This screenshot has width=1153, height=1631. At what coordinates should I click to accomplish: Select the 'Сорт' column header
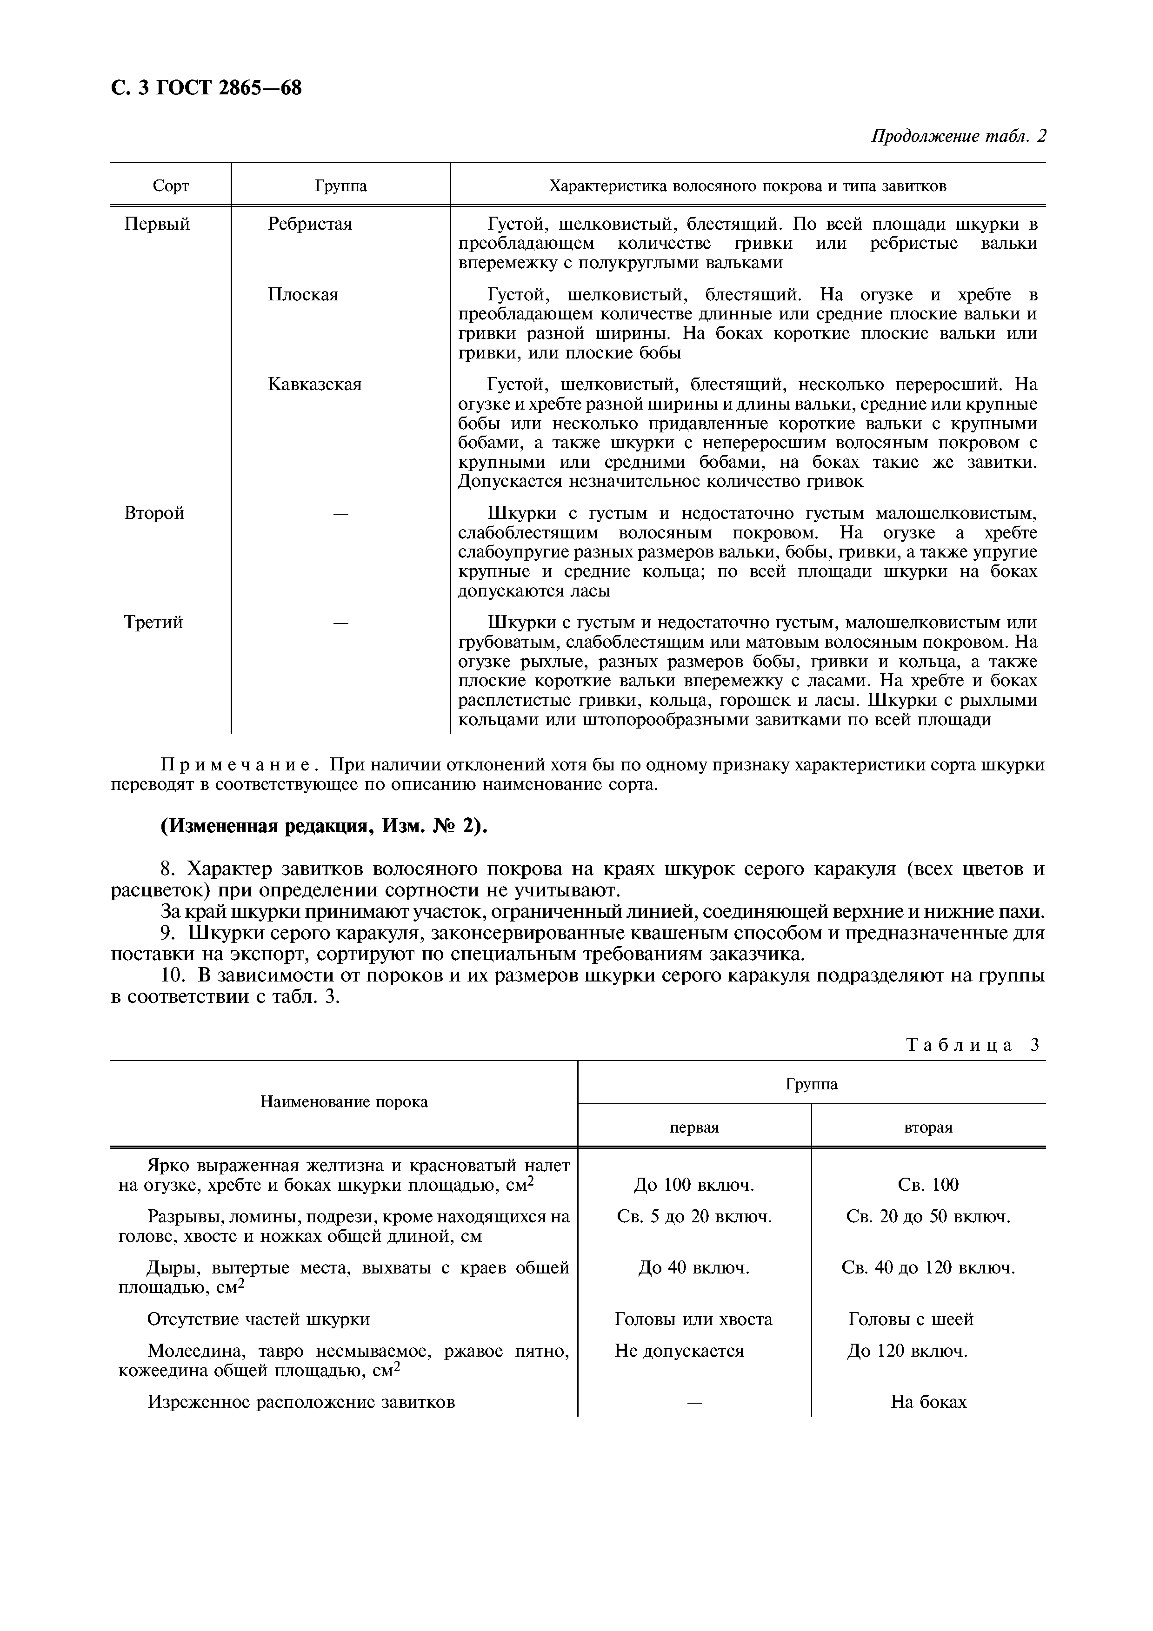pos(171,186)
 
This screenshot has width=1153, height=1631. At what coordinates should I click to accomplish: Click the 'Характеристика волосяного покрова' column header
pos(747,186)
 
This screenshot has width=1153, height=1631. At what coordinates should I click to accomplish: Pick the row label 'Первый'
pos(157,225)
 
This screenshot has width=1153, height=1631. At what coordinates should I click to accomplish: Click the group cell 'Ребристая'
pos(310,225)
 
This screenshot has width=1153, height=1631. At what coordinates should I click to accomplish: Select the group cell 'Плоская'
pos(303,295)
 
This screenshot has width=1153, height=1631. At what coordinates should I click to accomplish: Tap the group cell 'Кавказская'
pos(315,385)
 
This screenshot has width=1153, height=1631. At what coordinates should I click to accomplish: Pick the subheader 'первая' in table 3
pos(694,1127)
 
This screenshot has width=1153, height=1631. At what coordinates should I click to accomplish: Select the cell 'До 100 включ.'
pos(693,1185)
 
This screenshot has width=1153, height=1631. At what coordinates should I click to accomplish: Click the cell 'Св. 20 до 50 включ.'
pos(928,1217)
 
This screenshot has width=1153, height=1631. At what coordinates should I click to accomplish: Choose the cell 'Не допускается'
pos(679,1351)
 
